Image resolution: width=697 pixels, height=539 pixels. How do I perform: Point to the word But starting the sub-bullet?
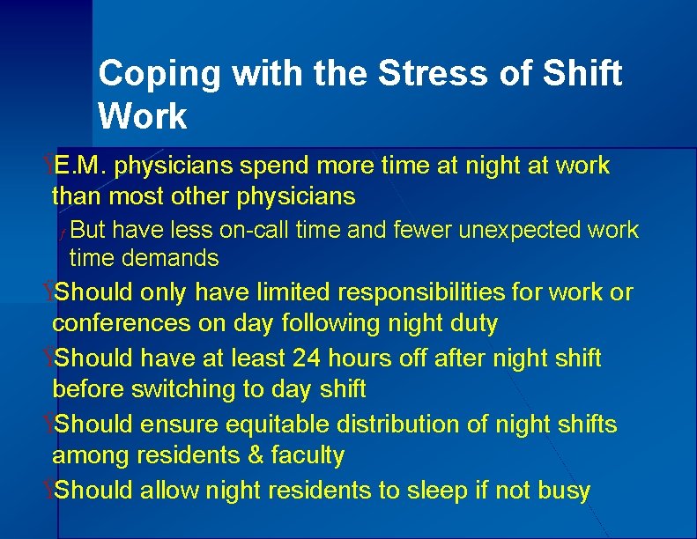point(88,231)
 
